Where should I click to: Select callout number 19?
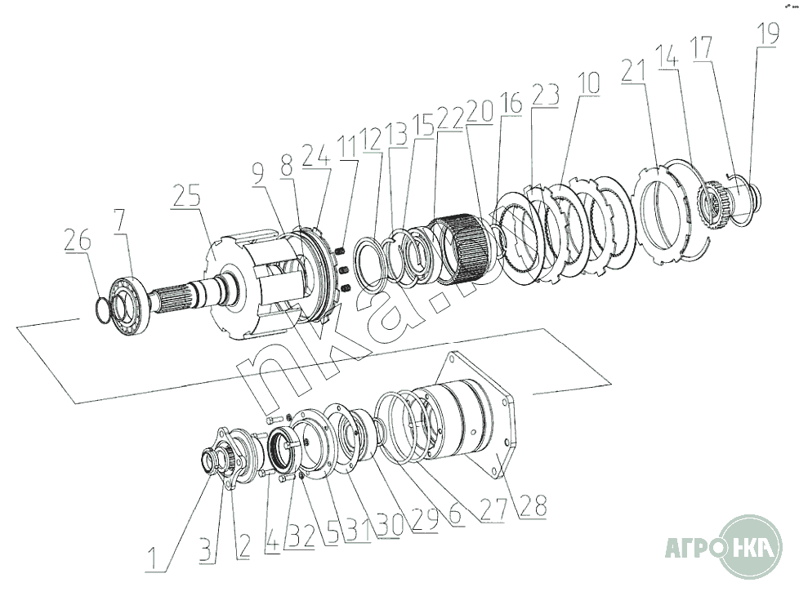click(x=767, y=35)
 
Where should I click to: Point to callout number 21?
click(x=634, y=71)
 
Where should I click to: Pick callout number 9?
click(x=258, y=171)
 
